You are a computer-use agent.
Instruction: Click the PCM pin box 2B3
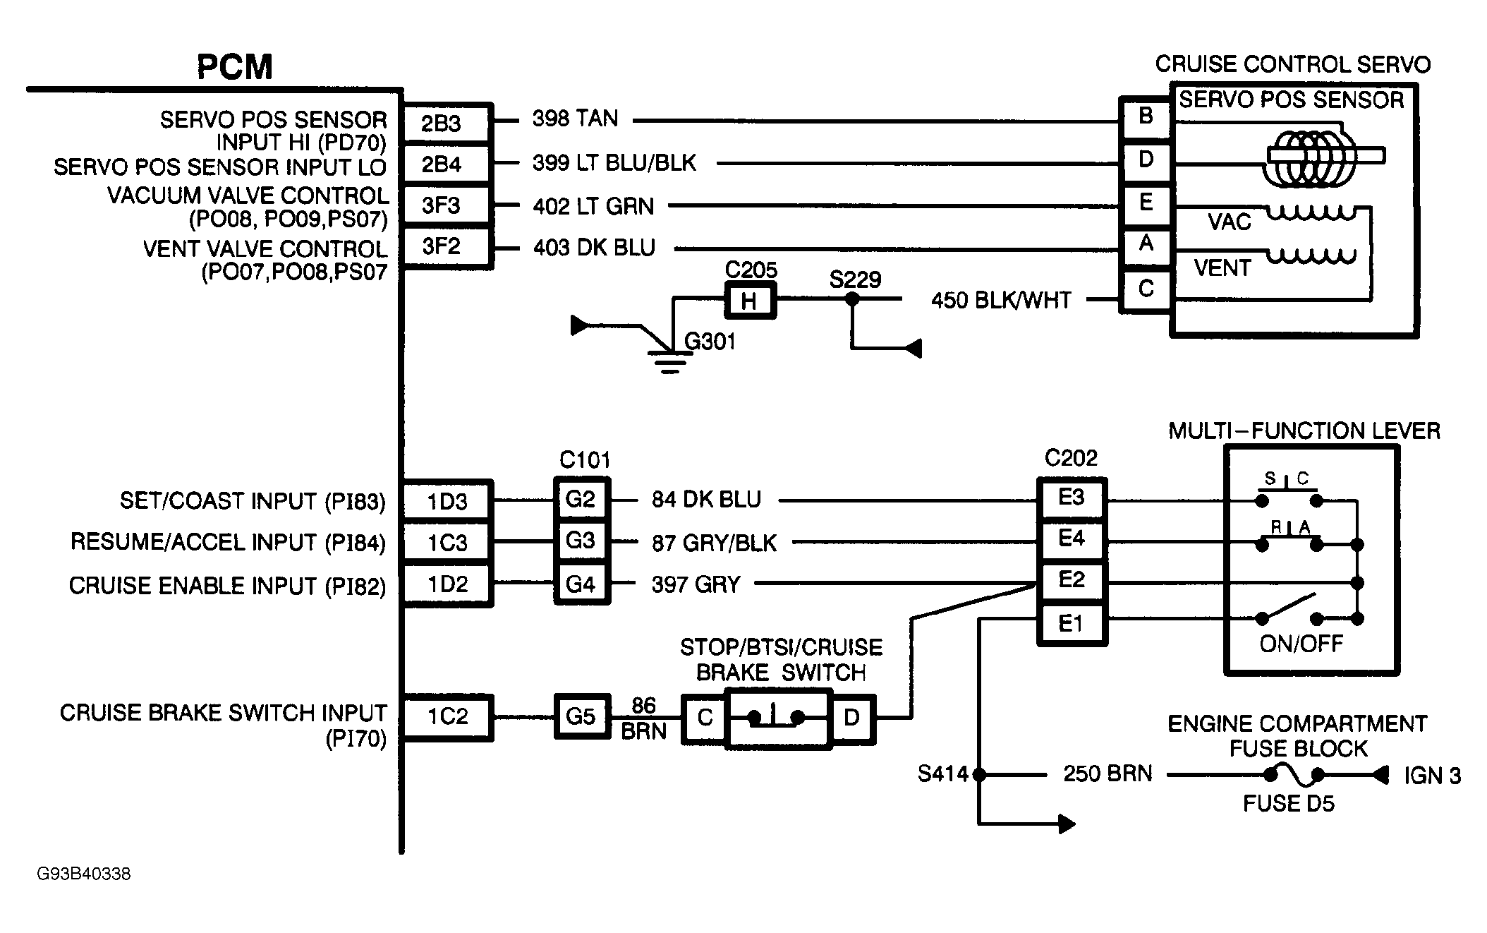(x=444, y=124)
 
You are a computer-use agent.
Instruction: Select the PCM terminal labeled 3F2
(x=444, y=246)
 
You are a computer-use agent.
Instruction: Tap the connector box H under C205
(x=749, y=301)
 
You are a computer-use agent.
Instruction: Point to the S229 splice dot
(x=852, y=299)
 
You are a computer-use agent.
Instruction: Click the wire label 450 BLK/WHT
(x=1000, y=301)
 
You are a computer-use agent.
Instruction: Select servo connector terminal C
(x=1146, y=289)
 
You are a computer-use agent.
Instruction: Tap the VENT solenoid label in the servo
(x=1222, y=268)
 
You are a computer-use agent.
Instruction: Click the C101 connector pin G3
(x=581, y=541)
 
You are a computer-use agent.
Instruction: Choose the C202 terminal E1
(x=1071, y=623)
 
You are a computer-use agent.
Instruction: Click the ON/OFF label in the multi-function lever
(x=1301, y=644)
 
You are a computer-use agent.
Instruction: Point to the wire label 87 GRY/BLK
(x=714, y=543)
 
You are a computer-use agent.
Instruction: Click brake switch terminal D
(x=851, y=718)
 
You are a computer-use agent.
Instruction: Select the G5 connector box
(x=581, y=716)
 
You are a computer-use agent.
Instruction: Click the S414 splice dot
(x=979, y=775)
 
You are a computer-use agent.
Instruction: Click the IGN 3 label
(x=1432, y=776)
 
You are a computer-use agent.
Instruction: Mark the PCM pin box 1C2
(x=447, y=717)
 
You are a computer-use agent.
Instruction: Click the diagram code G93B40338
(x=83, y=874)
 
